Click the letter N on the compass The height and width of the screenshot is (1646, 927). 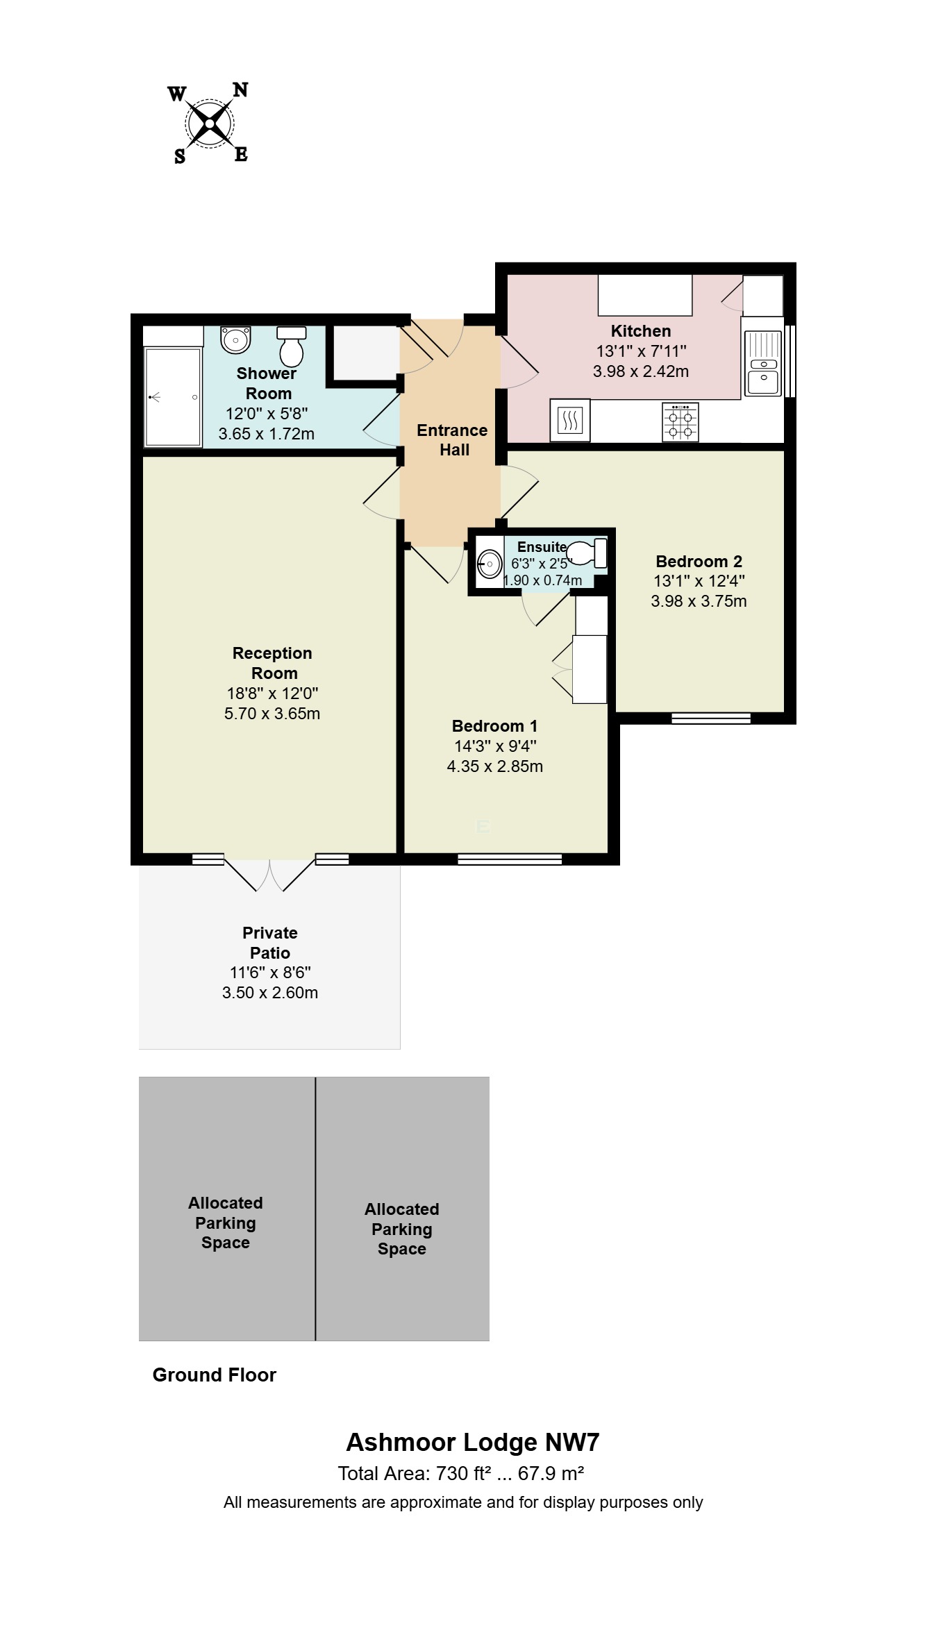pyautogui.click(x=240, y=90)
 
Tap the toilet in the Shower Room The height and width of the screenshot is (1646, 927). pyautogui.click(x=292, y=346)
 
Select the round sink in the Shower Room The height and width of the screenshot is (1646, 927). pyautogui.click(x=235, y=339)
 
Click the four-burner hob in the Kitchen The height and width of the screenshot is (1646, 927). pyautogui.click(x=680, y=422)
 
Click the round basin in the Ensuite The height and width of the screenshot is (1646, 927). pyautogui.click(x=490, y=564)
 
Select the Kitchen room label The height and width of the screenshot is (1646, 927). pyautogui.click(x=640, y=331)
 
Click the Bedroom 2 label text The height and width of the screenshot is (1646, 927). pyautogui.click(x=699, y=562)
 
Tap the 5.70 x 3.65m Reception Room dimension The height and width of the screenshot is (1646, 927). pyautogui.click(x=272, y=714)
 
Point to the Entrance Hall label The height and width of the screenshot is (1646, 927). pyautogui.click(x=452, y=440)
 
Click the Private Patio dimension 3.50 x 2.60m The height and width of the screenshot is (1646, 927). pyautogui.click(x=269, y=993)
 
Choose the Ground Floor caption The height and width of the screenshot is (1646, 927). pyautogui.click(x=214, y=1375)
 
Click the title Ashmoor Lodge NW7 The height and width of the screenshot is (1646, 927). pyautogui.click(x=472, y=1443)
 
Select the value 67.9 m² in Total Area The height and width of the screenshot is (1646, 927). pyautogui.click(x=550, y=1474)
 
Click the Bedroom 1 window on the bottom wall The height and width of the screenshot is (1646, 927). pyautogui.click(x=509, y=859)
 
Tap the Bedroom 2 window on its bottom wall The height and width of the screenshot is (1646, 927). pyautogui.click(x=710, y=719)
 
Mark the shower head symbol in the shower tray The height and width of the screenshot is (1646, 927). pyautogui.click(x=154, y=398)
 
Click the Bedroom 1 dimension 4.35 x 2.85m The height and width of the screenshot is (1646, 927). pyautogui.click(x=494, y=766)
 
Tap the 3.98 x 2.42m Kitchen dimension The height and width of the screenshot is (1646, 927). pyautogui.click(x=640, y=371)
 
